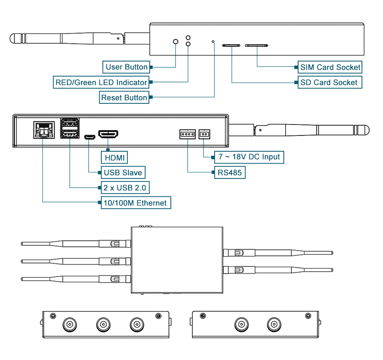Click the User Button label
coord(126,67)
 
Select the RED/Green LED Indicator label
coord(101,82)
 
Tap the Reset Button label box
coord(124,97)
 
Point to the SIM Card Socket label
coord(330,67)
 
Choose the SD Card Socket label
coord(330,82)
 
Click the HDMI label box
coord(115,157)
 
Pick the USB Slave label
coord(123,172)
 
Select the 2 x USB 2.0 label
coord(125,188)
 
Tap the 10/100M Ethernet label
coord(136,203)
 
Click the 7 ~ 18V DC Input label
coord(249,157)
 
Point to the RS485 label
coord(230,172)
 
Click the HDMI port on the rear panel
coord(108,134)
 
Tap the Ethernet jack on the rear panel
coord(44,130)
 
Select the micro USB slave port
coord(90,137)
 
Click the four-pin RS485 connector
coord(188,134)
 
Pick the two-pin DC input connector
coord(204,134)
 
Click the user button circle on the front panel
coord(176,42)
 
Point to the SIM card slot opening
coord(257,45)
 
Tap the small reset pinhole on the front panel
coord(213,42)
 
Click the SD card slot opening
coord(231,45)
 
